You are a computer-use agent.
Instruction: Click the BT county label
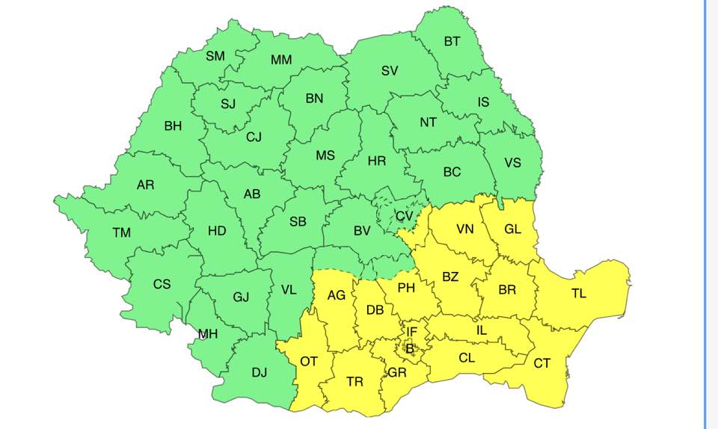pos(452,42)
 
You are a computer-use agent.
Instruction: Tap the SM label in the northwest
pos(215,56)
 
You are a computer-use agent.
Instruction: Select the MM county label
pos(281,60)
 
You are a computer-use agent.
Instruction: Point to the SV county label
pos(389,71)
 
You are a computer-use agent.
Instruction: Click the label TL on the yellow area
pos(579,294)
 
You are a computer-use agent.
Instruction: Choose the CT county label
pos(542,363)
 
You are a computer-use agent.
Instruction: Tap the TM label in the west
pos(121,233)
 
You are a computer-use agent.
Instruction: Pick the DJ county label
pos(260,373)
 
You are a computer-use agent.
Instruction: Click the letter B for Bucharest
pos(409,348)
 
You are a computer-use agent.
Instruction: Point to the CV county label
pos(404,216)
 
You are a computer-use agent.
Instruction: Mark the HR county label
pos(377,161)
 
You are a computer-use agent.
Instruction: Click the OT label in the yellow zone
pos(309,362)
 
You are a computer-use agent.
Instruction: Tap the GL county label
pos(512,229)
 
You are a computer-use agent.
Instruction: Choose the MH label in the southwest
pos(208,334)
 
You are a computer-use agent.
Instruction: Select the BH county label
pos(173,126)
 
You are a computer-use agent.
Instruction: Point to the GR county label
pos(397,372)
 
